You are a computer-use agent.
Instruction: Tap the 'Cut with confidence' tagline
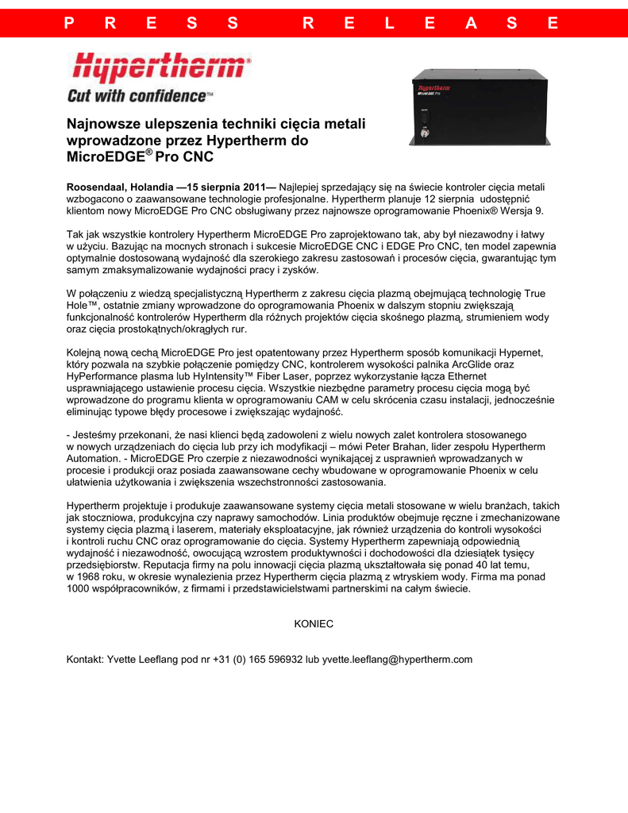[x=140, y=96]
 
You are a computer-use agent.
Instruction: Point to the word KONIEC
[x=314, y=624]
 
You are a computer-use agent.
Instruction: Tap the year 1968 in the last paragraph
[x=95, y=577]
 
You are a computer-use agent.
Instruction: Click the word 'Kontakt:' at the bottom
[x=85, y=659]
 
